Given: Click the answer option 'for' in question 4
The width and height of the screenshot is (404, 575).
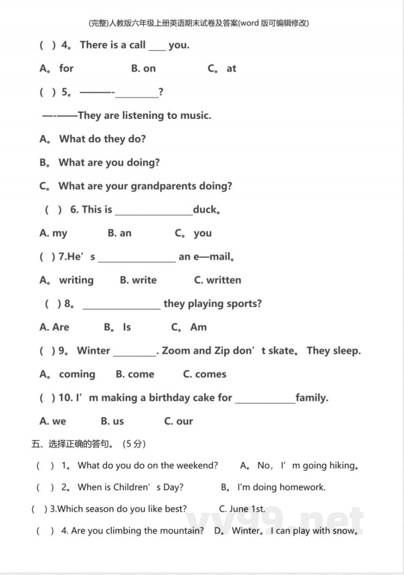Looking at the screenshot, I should [66, 68].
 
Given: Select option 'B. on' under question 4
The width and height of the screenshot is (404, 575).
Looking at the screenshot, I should [143, 68].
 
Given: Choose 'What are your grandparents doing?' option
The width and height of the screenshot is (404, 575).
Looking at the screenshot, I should [145, 186].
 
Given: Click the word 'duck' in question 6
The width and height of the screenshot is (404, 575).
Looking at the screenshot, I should [205, 209].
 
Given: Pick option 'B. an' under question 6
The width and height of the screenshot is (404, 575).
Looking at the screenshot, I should [120, 233].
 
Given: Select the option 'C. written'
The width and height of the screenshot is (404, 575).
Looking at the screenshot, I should [218, 280].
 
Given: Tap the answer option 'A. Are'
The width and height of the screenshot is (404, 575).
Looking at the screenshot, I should [54, 327].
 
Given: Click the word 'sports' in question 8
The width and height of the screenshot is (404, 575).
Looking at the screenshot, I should [243, 303].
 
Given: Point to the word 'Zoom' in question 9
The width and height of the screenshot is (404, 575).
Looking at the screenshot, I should [176, 350].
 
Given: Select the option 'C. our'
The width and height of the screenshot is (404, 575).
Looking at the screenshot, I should [179, 421].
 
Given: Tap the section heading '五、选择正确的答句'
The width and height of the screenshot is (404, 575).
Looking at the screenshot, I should [71, 444].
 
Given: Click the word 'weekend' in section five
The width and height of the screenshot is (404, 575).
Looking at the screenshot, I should [197, 465].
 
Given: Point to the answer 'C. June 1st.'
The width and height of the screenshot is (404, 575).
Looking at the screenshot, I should [242, 509].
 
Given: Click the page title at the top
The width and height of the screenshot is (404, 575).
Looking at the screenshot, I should [198, 23].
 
